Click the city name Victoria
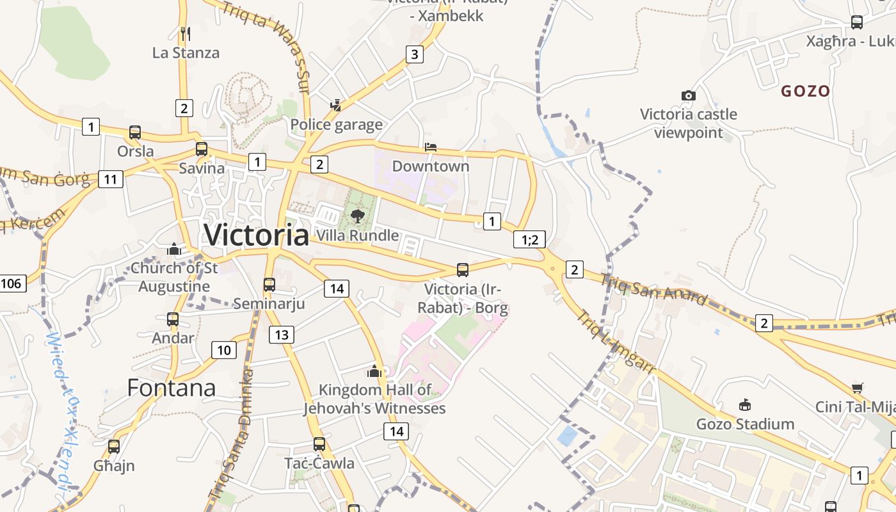256,235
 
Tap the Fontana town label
171,388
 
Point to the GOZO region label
805,91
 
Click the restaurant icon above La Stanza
186,33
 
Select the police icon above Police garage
335,105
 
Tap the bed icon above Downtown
431,147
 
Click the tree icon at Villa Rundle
358,216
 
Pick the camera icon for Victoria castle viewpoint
689,95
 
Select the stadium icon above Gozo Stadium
745,404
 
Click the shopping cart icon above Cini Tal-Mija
857,388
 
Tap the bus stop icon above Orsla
135,132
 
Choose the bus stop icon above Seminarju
269,285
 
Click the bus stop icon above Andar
172,319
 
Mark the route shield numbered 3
415,54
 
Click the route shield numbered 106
12,283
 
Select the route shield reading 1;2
529,240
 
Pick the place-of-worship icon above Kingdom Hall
374,371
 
